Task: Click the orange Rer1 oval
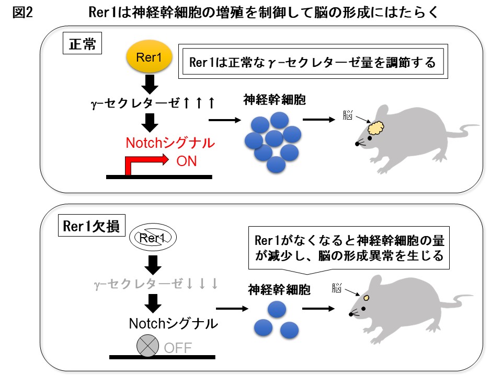click(x=149, y=58)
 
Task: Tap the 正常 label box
click(x=82, y=44)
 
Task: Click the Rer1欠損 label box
click(x=90, y=226)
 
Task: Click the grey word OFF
click(x=178, y=347)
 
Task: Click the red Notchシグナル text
click(x=170, y=143)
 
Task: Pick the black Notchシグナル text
click(x=173, y=324)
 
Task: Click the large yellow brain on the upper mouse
click(x=376, y=127)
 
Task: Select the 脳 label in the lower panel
click(x=337, y=288)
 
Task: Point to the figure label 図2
click(x=22, y=13)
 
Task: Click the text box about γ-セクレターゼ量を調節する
click(x=313, y=63)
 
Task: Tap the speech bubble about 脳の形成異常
click(x=349, y=249)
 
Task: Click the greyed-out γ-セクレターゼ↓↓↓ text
click(x=155, y=284)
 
